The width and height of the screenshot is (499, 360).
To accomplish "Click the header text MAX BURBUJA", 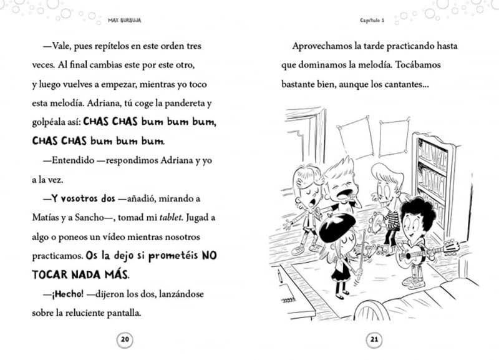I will (124, 19).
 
